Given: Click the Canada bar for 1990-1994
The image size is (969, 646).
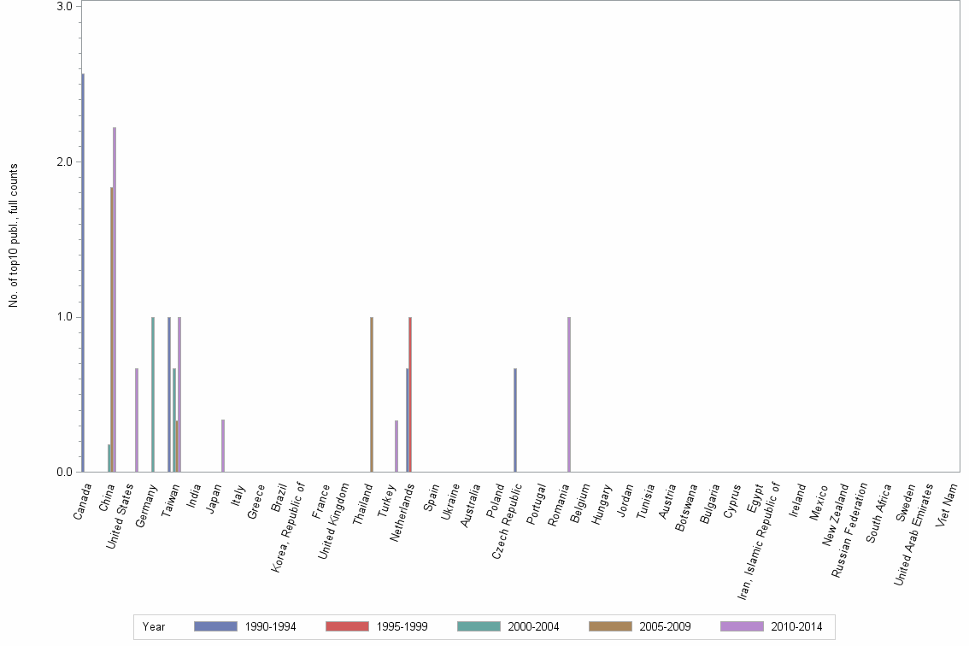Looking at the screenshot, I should [83, 273].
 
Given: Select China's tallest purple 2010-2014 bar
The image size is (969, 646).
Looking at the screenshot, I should [115, 299].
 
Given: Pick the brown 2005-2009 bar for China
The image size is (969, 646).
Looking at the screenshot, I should [111, 329].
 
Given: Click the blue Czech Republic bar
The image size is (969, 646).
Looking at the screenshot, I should [515, 420].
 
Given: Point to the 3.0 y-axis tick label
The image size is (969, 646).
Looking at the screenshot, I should [64, 7].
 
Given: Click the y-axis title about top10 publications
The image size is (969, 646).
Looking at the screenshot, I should [14, 235].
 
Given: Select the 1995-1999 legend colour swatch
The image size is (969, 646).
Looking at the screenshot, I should [347, 627].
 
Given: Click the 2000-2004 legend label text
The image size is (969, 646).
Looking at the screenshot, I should [534, 627].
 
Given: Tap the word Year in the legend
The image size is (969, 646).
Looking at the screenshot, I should [154, 627].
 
